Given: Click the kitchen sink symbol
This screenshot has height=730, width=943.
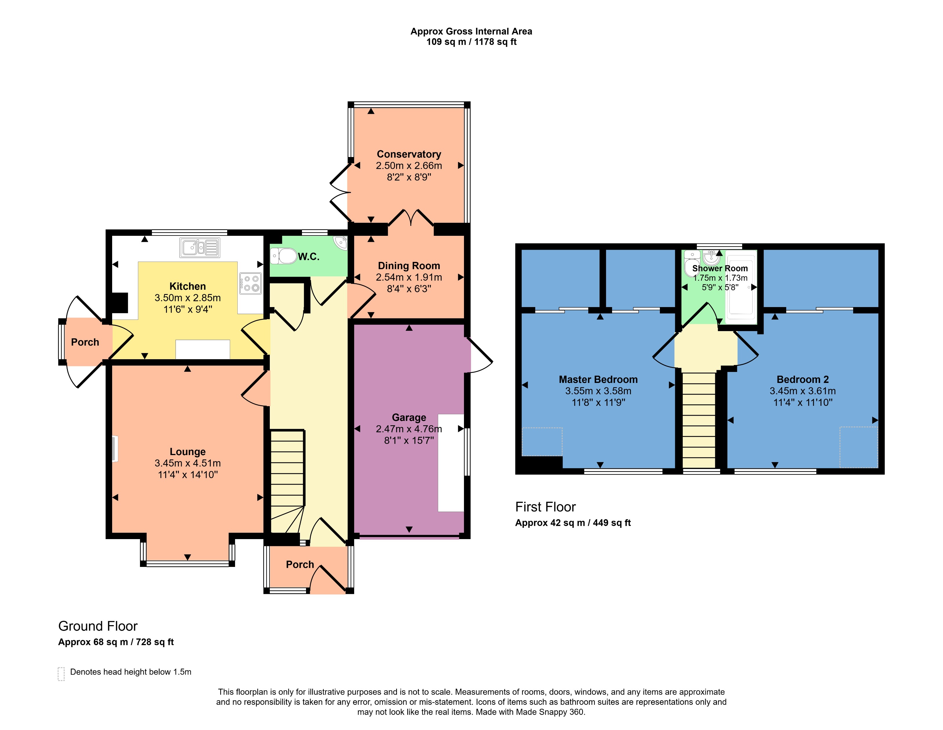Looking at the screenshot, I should tap(199, 247).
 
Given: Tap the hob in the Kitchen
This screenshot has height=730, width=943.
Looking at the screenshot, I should tap(250, 284).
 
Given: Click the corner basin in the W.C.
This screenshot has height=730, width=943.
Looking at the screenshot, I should tap(341, 243).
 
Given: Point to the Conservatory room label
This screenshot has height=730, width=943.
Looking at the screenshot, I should tap(408, 154).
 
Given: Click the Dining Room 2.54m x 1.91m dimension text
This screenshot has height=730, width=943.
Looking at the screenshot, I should tap(408, 277).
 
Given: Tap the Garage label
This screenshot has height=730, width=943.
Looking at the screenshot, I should tap(408, 417).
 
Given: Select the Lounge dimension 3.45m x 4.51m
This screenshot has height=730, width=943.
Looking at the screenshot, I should tap(187, 463).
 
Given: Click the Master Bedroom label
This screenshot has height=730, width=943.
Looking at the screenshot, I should tap(598, 379).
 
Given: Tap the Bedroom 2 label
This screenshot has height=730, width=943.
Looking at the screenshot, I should tap(802, 379).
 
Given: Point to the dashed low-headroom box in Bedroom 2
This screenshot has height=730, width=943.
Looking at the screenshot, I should tap(858, 447).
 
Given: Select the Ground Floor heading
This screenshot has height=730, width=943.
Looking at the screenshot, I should tap(98, 626).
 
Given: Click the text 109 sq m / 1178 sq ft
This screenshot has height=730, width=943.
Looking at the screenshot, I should tap(471, 42).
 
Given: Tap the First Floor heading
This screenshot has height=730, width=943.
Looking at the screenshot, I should tap(545, 507).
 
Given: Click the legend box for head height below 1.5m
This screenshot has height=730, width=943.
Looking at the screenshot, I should tap(61, 674).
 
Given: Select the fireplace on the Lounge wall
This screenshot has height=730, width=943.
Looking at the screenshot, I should tap(115, 448).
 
